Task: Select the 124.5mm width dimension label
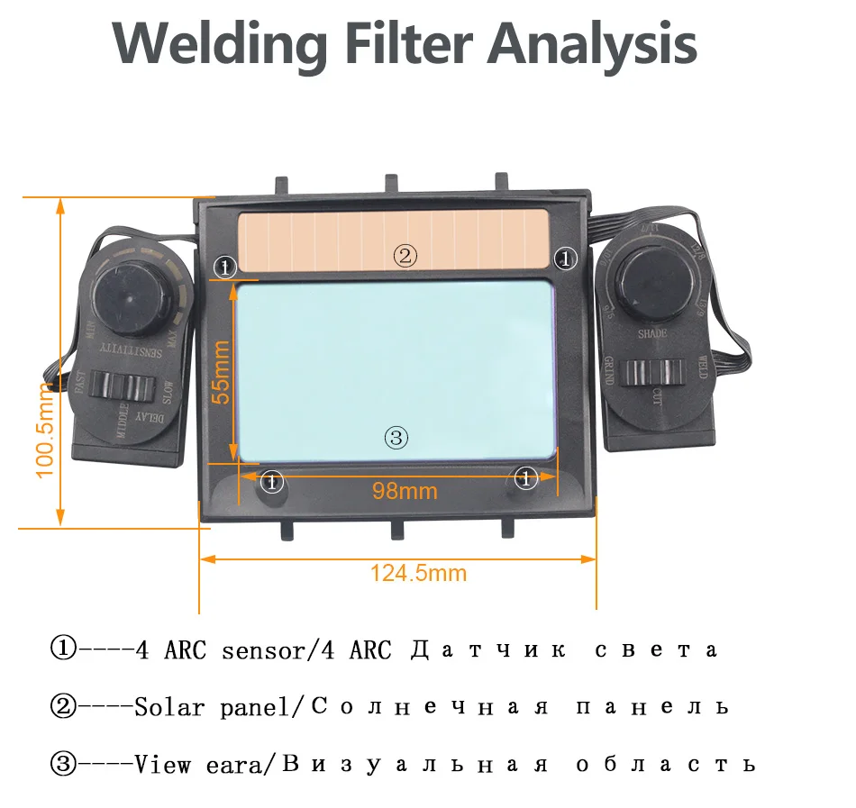tap(419, 572)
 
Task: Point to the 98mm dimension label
tap(405, 491)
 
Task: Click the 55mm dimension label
tap(222, 370)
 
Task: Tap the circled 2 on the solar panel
tap(405, 255)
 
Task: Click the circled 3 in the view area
tap(396, 439)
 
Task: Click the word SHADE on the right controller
tap(651, 334)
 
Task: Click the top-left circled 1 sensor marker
tap(224, 266)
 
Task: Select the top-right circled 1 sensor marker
tap(565, 259)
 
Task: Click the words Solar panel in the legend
tap(214, 707)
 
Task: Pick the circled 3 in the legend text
tap(63, 765)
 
